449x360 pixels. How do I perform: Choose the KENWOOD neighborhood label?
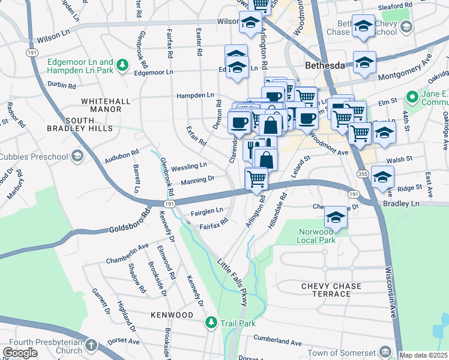(172, 315)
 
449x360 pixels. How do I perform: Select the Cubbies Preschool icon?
(76, 156)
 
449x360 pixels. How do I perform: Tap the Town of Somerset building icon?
(385, 352)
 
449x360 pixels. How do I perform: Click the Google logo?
(20, 353)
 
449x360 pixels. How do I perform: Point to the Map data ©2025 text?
(423, 355)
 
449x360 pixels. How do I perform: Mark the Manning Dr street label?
(197, 179)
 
